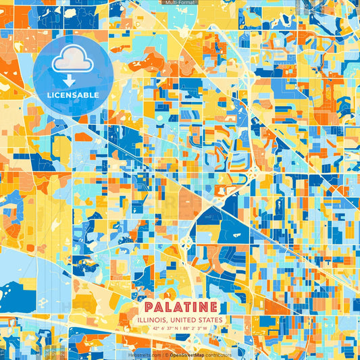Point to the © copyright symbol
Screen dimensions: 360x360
pyautogui.click(x=165, y=354)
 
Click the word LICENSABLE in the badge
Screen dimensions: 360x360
pyautogui.click(x=73, y=95)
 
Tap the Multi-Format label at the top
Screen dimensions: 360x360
pyautogui.click(x=180, y=3)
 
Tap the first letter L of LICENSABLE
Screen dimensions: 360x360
pyautogui.click(x=50, y=95)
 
